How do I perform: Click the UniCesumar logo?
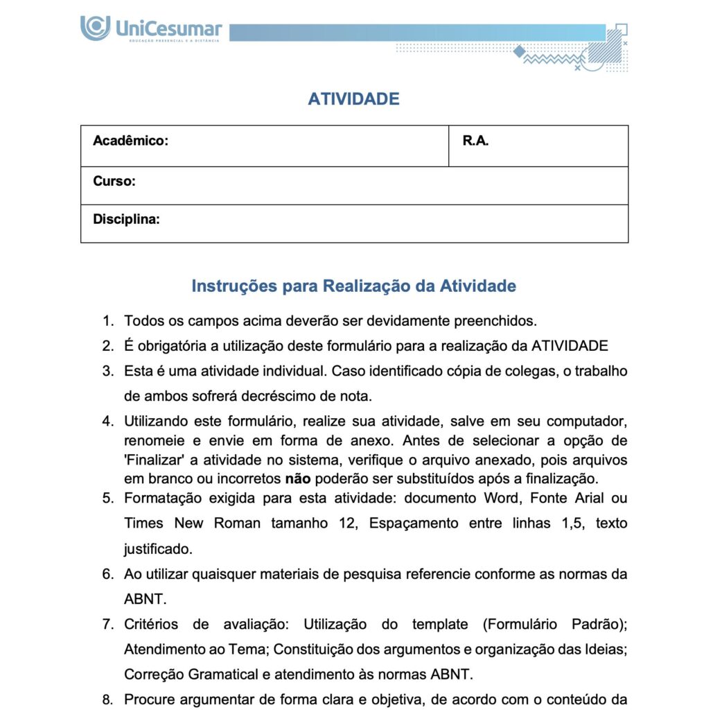151,30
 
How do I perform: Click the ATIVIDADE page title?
353,99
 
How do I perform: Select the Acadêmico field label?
130,141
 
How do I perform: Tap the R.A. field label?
475,141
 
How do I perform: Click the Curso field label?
114,182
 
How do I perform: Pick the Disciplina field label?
126,220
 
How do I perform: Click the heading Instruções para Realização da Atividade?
353,286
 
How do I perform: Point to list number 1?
107,321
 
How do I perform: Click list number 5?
107,498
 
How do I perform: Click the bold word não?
295,478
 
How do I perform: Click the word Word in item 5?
496,498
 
